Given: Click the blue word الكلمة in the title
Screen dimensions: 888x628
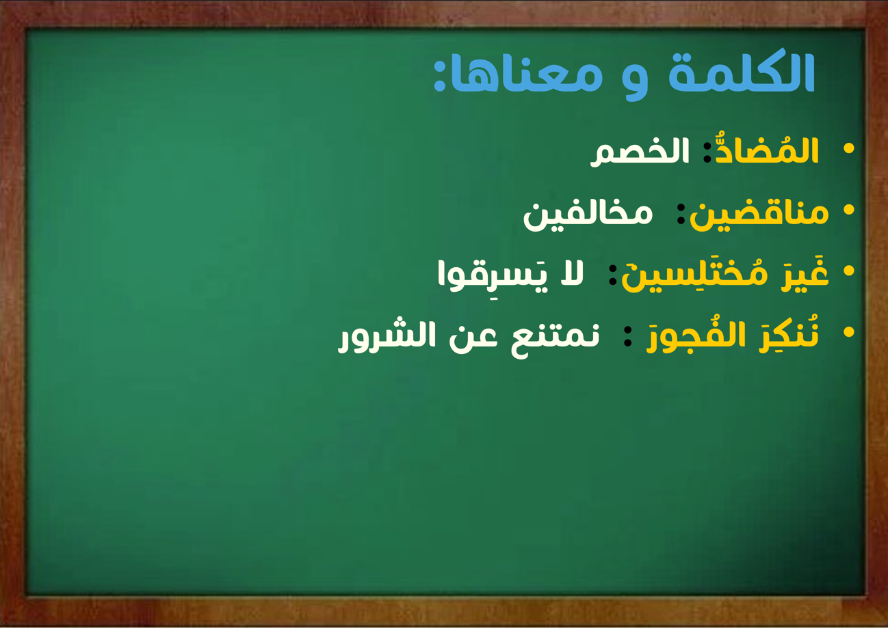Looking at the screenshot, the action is pyautogui.click(x=742, y=71).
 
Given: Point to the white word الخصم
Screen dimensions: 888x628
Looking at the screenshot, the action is pyautogui.click(x=640, y=152).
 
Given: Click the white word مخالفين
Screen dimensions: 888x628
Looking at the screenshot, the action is pyautogui.click(x=588, y=215).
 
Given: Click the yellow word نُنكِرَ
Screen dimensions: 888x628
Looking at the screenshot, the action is pyautogui.click(x=789, y=335).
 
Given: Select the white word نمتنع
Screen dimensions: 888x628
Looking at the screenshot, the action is pyautogui.click(x=555, y=338).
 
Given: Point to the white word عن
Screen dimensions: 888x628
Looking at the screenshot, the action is pyautogui.click(x=473, y=338).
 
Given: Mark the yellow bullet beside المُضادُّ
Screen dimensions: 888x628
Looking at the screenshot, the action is pyautogui.click(x=849, y=148).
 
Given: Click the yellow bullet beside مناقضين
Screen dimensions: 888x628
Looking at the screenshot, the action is pyautogui.click(x=849, y=210).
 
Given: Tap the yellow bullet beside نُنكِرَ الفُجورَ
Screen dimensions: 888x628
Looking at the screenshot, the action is pyautogui.click(x=849, y=332).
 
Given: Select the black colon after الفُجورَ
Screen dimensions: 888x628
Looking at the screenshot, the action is pyautogui.click(x=628, y=337).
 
